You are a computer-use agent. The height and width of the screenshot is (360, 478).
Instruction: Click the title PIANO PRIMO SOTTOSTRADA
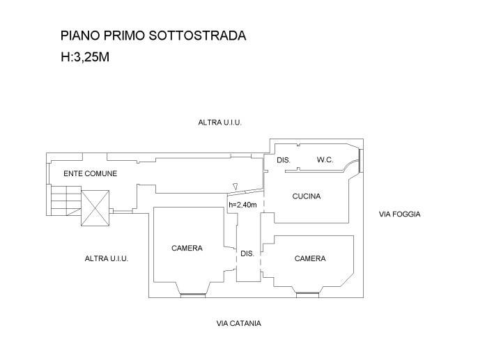[153, 36]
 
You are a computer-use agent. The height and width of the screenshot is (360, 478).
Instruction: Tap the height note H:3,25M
[84, 58]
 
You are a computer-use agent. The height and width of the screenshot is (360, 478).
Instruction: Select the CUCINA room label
[307, 196]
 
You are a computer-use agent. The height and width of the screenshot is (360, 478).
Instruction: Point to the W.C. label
[325, 160]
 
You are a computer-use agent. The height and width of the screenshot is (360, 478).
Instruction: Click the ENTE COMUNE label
[90, 173]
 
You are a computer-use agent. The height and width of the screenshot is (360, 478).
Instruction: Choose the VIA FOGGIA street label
[399, 214]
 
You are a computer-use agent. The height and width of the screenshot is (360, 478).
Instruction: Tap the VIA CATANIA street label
[239, 323]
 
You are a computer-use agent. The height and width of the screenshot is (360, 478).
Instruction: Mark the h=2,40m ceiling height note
[243, 205]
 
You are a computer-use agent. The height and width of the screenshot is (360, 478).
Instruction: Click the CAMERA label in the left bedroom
[187, 248]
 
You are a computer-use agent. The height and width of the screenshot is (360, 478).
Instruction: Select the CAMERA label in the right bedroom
[310, 258]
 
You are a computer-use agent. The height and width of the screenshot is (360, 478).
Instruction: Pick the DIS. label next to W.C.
[283, 160]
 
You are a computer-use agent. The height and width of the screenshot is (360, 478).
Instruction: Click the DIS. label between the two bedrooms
[247, 254]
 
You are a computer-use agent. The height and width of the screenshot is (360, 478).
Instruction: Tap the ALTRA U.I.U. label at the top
[219, 123]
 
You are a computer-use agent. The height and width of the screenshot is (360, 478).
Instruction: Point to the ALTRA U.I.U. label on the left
[107, 258]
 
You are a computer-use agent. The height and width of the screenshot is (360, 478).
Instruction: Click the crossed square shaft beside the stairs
[96, 208]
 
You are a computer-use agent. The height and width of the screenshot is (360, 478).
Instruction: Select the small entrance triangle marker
[236, 186]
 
